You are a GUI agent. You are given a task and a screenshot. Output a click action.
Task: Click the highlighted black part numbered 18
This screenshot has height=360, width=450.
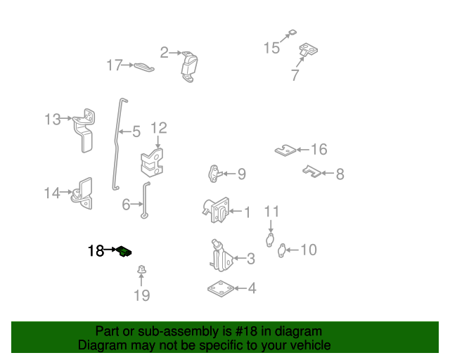125,251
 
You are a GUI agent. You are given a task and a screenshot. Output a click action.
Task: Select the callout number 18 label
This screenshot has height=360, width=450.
96,250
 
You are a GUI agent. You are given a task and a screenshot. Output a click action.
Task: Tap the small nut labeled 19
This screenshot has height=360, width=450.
141,269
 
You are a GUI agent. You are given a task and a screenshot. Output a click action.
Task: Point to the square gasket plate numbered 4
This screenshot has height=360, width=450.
220,288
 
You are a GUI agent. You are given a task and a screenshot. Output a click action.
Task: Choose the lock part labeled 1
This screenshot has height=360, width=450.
217,210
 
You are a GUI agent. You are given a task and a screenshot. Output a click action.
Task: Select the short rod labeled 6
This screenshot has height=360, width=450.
146,200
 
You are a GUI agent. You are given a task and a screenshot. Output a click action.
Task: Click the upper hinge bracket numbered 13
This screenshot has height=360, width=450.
85,129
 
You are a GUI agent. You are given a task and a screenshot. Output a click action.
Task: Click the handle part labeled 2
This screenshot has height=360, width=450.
189,65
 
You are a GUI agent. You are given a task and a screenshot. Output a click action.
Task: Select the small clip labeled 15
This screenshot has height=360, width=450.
292,32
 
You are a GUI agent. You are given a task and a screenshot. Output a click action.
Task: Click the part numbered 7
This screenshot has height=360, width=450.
307,51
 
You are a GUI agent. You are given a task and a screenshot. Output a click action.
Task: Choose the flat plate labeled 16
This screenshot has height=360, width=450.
284,150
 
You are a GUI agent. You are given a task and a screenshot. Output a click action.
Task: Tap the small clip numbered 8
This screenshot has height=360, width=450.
311,171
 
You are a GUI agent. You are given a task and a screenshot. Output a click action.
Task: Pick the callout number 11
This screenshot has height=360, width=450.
271,212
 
